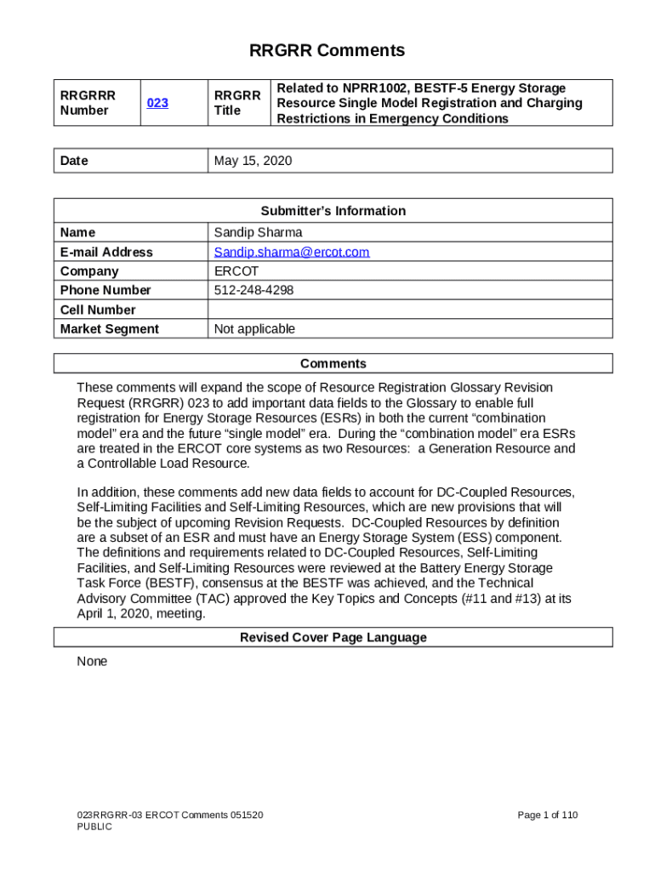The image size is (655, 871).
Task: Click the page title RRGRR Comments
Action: point(327,51)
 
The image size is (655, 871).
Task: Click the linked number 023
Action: point(157,103)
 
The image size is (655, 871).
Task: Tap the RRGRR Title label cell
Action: point(237,103)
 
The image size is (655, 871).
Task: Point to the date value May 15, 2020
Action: point(253,161)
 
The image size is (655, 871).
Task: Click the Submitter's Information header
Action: point(333,211)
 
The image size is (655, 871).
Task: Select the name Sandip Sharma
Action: point(258,232)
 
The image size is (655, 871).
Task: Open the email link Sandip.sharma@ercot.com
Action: point(292,252)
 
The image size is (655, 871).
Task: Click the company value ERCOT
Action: point(236,271)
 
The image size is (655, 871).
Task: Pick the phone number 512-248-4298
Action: point(253,290)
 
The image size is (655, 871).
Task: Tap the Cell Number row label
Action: point(98,310)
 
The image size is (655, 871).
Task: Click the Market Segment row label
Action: point(110,329)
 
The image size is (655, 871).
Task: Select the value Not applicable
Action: point(254,329)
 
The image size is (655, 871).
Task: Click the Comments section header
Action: point(333,364)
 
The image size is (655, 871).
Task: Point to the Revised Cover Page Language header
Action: point(333,637)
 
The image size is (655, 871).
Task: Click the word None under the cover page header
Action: point(92,661)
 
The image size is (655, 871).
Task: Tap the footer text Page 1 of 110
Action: point(547,815)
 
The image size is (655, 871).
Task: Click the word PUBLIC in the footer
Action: point(94,827)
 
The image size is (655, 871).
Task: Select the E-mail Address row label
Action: point(107,252)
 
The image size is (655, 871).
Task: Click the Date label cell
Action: point(74,161)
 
